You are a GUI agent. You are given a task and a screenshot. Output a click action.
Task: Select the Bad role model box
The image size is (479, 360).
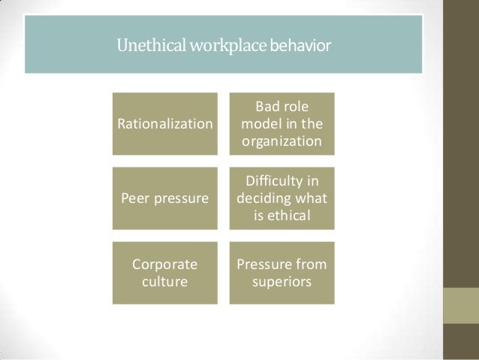tap(282, 124)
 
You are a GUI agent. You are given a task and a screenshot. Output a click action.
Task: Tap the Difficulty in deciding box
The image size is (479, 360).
tap(282, 198)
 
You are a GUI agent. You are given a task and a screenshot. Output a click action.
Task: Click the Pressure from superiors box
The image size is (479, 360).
tap(282, 272)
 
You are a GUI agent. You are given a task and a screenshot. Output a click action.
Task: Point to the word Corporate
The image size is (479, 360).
tap(165, 265)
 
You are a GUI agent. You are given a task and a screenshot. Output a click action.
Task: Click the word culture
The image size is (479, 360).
tap(164, 283)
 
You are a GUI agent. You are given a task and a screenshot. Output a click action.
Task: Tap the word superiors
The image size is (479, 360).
tap(282, 283)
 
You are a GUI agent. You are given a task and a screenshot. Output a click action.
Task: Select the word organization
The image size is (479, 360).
tap(282, 141)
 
